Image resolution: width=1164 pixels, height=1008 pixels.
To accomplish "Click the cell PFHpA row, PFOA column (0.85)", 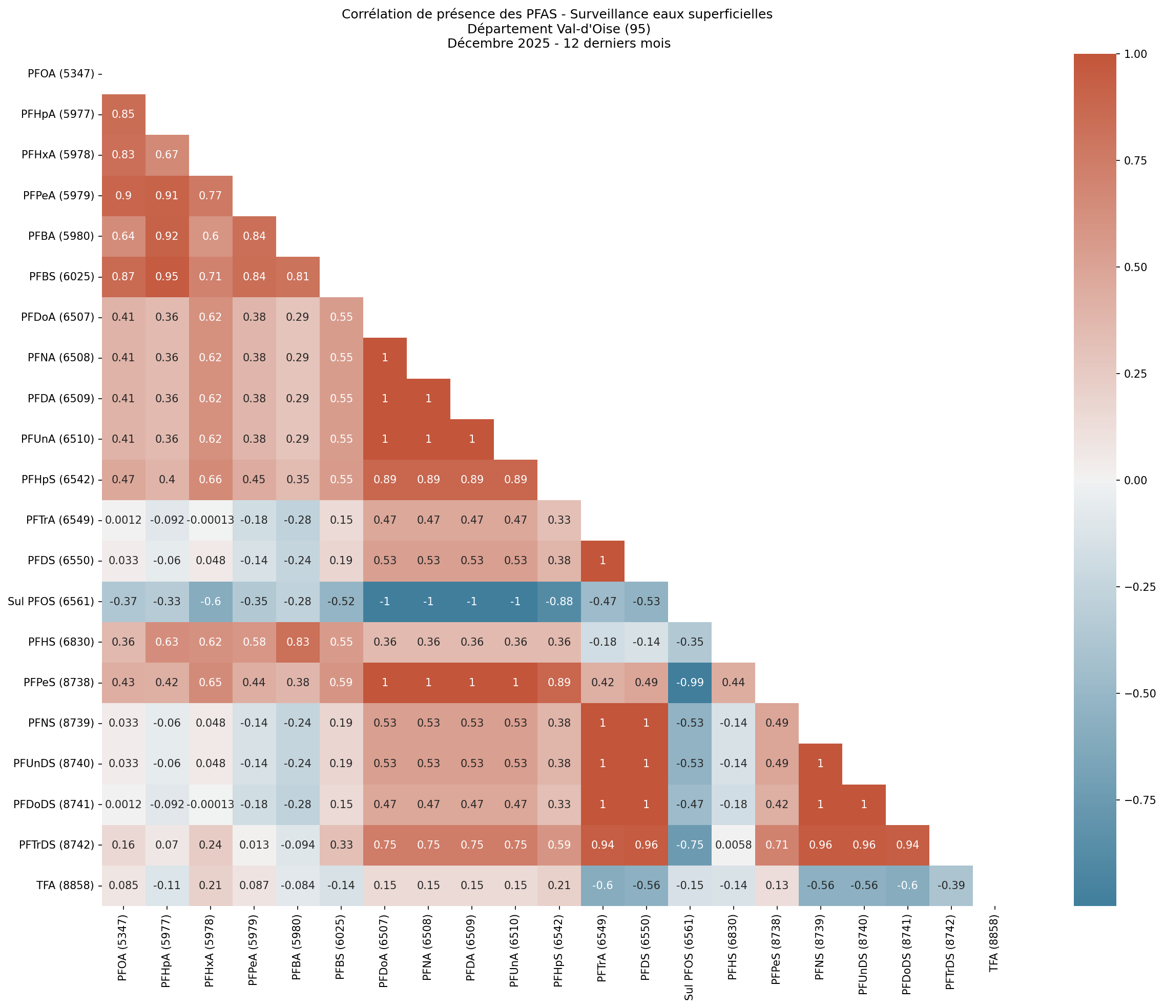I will click(123, 114).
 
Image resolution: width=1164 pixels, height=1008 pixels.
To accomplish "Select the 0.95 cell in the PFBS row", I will click(167, 277).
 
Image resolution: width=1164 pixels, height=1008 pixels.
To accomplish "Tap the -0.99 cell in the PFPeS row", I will click(690, 682).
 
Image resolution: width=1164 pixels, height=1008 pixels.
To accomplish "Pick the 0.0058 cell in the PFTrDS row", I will click(733, 845).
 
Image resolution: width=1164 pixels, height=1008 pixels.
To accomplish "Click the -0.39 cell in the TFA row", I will click(950, 886).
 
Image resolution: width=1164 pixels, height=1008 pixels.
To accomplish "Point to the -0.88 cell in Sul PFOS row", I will click(559, 601).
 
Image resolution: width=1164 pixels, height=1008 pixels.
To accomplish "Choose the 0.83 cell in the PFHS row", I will click(298, 642).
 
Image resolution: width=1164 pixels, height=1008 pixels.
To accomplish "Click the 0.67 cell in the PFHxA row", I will click(167, 155).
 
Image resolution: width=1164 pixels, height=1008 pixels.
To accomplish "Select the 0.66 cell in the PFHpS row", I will click(210, 480).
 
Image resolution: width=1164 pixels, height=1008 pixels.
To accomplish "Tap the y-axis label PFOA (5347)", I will click(61, 74).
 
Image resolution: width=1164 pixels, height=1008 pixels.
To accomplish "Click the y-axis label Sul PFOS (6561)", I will click(51, 601).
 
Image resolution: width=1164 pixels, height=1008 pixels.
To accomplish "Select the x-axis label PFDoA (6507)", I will click(385, 945).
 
